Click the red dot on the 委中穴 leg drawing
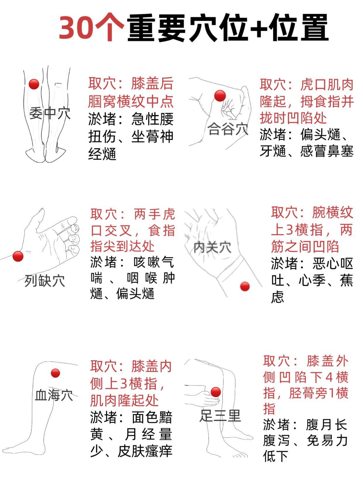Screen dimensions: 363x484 (34, 84)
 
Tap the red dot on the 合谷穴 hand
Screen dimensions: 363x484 (220, 96)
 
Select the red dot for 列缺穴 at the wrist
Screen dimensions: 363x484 (18, 256)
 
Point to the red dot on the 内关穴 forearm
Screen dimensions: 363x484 (245, 286)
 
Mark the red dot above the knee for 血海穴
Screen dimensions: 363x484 (55, 373)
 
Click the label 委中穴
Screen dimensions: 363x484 (50, 113)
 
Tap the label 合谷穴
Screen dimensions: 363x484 (228, 129)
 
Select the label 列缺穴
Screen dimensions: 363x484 (44, 281)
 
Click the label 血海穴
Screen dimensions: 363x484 (54, 395)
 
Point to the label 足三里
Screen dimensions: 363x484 (220, 415)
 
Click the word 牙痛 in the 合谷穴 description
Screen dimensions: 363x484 (273, 151)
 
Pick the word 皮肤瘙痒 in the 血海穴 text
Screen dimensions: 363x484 (145, 451)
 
